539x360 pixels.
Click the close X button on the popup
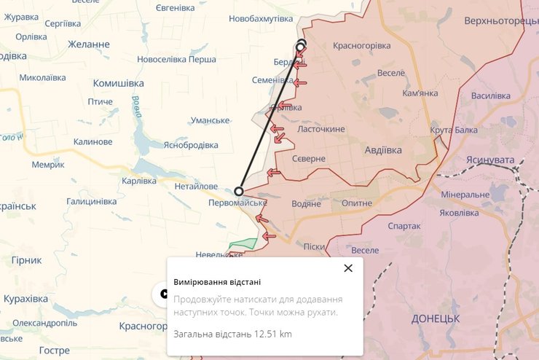pyautogui.click(x=348, y=268)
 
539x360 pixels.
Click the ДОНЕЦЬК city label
pyautogui.click(x=436, y=319)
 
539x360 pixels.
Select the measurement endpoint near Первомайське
pyautogui.click(x=239, y=191)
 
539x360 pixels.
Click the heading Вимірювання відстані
pyautogui.click(x=217, y=282)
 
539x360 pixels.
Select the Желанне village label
pyautogui.click(x=88, y=44)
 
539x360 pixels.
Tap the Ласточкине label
pyautogui.click(x=321, y=129)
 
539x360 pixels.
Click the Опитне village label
pyautogui.click(x=352, y=203)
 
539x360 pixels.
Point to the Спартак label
pyautogui.click(x=405, y=226)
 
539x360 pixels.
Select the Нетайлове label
pyautogui.click(x=196, y=187)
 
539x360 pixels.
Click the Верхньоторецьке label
pyautogui.click(x=501, y=20)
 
